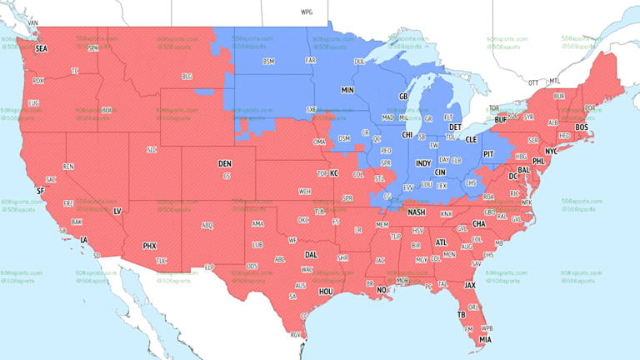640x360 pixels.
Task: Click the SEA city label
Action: click(x=42, y=49)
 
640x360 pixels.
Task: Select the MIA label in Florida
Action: click(x=484, y=339)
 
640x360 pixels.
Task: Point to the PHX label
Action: click(x=149, y=246)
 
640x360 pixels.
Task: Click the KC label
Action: click(x=333, y=173)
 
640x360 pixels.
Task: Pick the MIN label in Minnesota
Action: click(x=347, y=89)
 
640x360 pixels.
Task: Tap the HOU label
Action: click(x=326, y=292)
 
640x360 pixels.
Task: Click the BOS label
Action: click(x=582, y=127)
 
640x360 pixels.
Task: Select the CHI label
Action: click(x=407, y=134)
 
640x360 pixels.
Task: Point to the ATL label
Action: click(x=441, y=243)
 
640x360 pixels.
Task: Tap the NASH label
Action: click(x=417, y=212)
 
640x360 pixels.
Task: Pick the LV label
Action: click(x=117, y=212)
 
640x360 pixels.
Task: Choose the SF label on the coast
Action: click(x=39, y=191)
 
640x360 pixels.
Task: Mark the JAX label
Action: click(x=470, y=285)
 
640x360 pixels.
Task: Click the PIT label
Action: click(x=488, y=154)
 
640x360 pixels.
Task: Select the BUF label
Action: click(x=500, y=120)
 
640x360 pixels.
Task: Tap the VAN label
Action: click(x=33, y=22)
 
